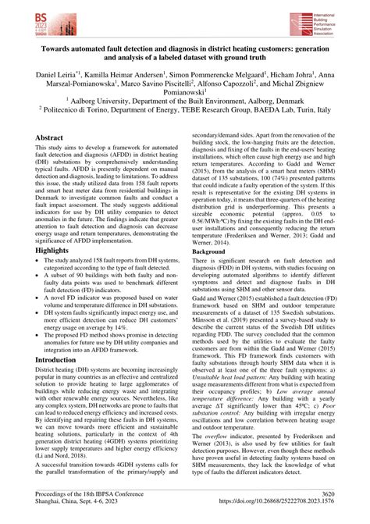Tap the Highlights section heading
click(x=56, y=228)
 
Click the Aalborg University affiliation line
click(x=185, y=111)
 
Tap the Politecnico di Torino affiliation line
click(x=185, y=122)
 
